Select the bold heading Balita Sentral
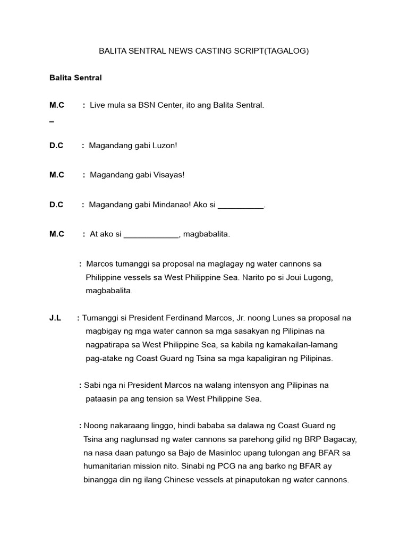click(75, 78)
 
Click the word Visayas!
click(167, 175)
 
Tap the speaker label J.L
click(55, 318)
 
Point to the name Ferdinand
click(176, 318)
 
